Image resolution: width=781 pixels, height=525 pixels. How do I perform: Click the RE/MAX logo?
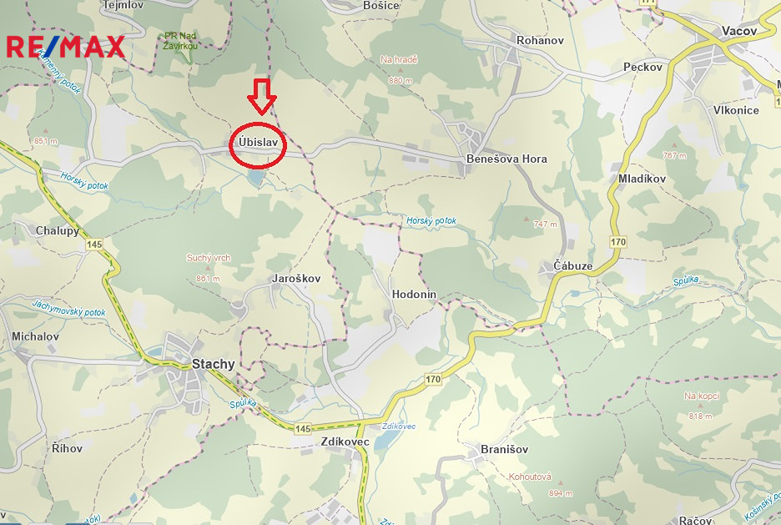coord(66,46)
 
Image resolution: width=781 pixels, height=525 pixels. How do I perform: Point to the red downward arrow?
coord(263,96)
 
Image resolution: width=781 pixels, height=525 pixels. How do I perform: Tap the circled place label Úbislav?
coord(258,142)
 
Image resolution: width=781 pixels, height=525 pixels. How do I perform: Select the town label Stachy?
coord(214,364)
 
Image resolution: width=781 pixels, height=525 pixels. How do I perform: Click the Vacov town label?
coord(738,31)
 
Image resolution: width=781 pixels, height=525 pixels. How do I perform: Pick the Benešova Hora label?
coord(506,159)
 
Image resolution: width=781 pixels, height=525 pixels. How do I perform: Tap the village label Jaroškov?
coord(296,278)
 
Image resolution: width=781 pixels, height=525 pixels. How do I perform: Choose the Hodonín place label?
coord(414,295)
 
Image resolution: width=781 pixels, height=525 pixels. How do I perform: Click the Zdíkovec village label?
coord(345,442)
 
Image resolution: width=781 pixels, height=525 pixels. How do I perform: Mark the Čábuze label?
coord(573,265)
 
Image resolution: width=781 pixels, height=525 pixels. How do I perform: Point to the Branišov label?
coord(504,450)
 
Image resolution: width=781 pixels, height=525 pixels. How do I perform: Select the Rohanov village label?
coord(541,40)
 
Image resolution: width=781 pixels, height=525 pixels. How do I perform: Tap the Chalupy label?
coord(58,230)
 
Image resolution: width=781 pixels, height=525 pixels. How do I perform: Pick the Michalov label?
coord(35,336)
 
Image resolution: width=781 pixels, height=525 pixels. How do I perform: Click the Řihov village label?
coord(68,448)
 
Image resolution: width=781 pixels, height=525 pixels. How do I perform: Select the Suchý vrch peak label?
coord(209,258)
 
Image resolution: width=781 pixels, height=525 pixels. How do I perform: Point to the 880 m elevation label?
coord(401,81)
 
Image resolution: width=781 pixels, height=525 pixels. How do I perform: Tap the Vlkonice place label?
coord(736,110)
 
